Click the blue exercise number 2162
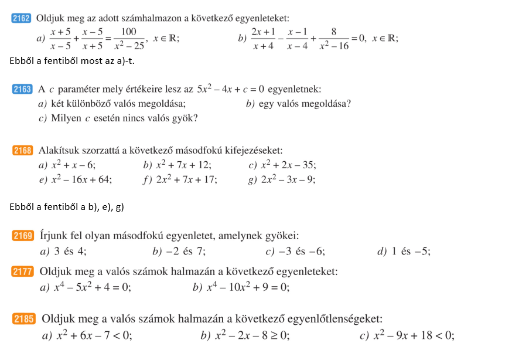tap(21, 18)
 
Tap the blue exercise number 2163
tap(22, 90)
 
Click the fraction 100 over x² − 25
tap(128, 39)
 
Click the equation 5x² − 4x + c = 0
tap(230, 90)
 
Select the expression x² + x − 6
tap(73, 165)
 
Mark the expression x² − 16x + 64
tap(81, 180)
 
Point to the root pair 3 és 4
tap(70, 252)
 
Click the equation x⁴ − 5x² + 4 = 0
tap(93, 287)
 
